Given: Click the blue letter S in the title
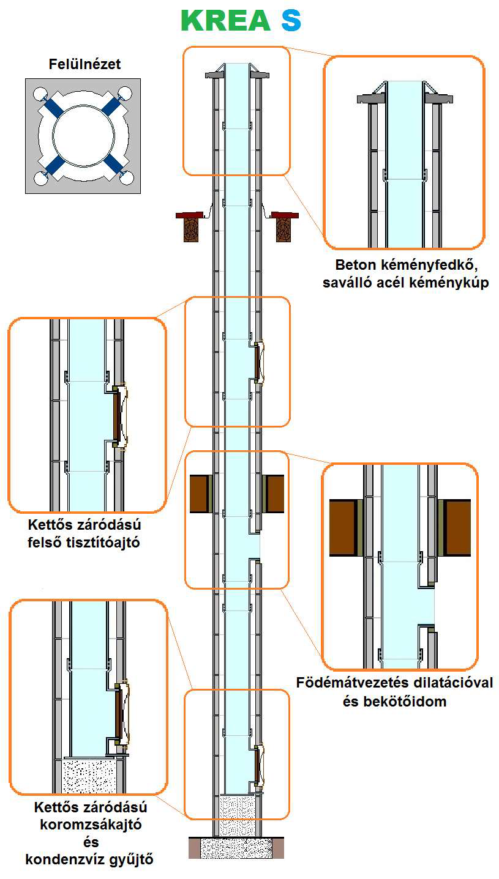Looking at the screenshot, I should pos(291,21).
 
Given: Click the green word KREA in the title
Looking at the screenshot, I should pos(226,21).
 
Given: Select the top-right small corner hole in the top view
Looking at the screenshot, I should pos(126,94).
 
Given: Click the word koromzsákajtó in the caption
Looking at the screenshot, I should pos(91,824).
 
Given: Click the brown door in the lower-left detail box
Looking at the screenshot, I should pos(118,714).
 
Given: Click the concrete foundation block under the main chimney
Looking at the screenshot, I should pos(236,848).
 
